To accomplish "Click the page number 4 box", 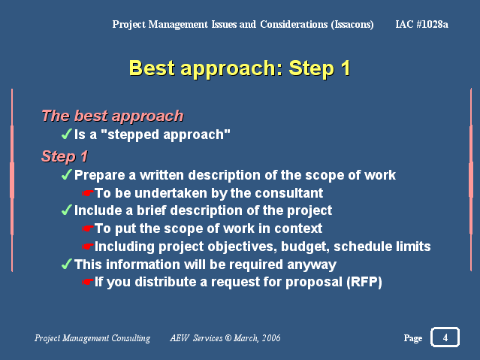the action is [x=445, y=337].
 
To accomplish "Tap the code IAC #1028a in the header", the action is [x=421, y=24].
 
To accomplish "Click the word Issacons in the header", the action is [x=352, y=24].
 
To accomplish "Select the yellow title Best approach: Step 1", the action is [x=240, y=68].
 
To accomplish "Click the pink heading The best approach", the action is [x=113, y=116].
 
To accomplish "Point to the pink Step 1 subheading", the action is [x=65, y=156].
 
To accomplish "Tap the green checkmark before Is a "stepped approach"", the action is [x=66, y=134].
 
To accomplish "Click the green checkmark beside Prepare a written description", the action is [x=66, y=174].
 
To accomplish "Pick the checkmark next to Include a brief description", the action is [x=66, y=210].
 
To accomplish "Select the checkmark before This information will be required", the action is [x=66, y=264].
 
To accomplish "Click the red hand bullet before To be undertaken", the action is [x=87, y=193].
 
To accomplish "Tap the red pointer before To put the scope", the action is [x=87, y=228].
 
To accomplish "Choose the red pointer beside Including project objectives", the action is [x=87, y=247].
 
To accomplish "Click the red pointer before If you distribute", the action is [x=87, y=282].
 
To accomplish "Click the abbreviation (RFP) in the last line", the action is [x=364, y=282].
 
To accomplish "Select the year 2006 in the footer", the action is [x=271, y=338].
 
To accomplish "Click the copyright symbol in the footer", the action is [x=228, y=338].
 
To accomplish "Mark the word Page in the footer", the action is [x=413, y=338].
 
